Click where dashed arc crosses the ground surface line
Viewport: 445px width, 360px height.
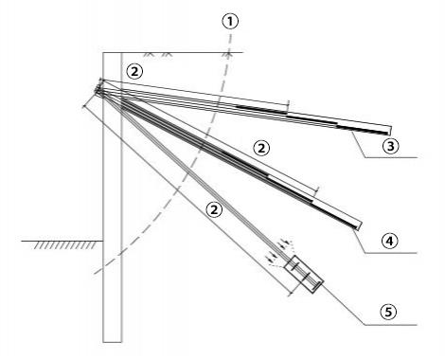[228, 51]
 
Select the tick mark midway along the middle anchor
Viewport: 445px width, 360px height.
[315, 191]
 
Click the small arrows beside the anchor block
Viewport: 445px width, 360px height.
[276, 255]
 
